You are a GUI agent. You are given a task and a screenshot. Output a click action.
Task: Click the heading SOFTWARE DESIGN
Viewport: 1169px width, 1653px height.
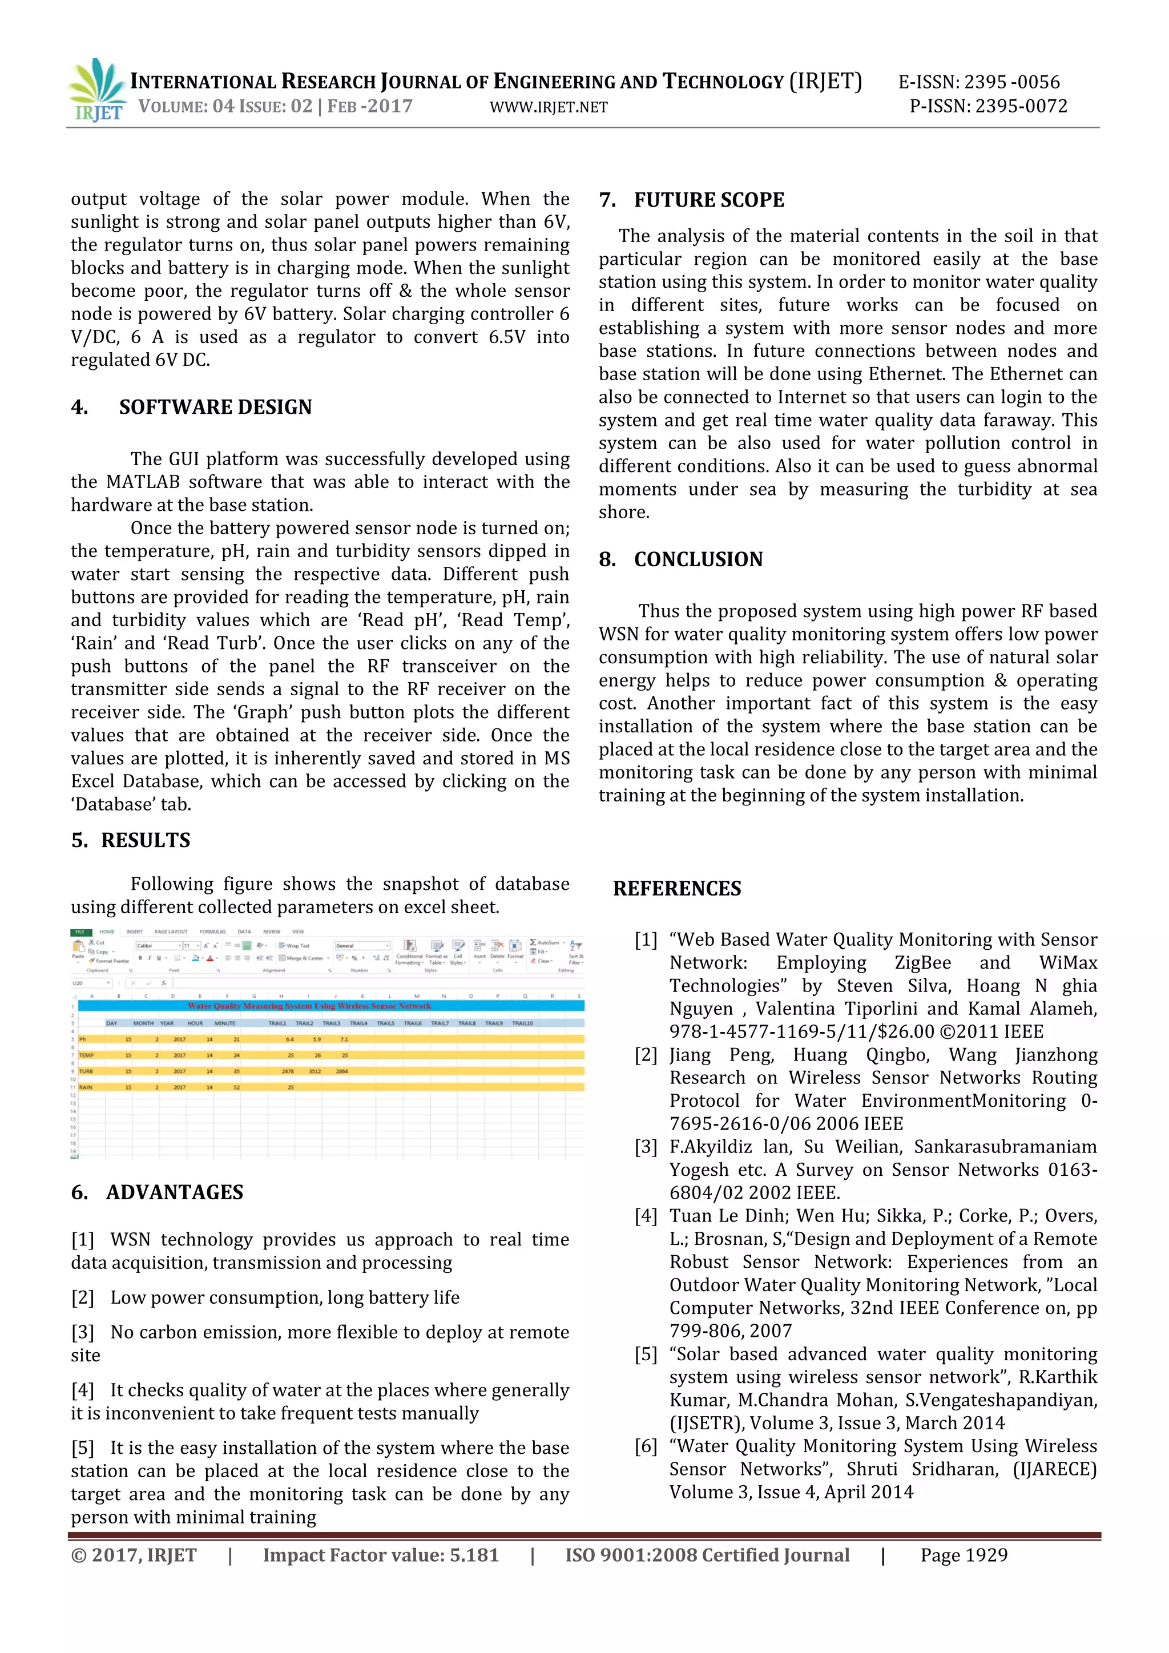pyautogui.click(x=215, y=408)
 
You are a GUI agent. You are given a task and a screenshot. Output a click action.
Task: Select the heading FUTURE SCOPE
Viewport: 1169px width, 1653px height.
pyautogui.click(x=708, y=200)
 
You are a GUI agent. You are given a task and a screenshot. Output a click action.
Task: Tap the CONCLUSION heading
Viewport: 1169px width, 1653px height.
pyautogui.click(x=698, y=559)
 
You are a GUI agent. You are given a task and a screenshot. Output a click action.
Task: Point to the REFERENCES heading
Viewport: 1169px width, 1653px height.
pyautogui.click(x=676, y=888)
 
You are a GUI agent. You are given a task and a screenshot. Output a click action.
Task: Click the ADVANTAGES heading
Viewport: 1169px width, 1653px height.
pyautogui.click(x=174, y=1192)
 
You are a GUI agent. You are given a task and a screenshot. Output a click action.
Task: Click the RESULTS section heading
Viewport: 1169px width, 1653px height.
pyautogui.click(x=146, y=840)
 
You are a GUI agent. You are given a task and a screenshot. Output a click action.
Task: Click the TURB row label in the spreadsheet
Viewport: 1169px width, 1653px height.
pyautogui.click(x=86, y=1071)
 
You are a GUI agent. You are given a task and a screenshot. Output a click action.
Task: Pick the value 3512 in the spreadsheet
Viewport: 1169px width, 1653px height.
pyautogui.click(x=315, y=1071)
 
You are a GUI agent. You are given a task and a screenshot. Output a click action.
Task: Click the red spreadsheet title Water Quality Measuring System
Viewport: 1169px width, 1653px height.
pyautogui.click(x=309, y=1006)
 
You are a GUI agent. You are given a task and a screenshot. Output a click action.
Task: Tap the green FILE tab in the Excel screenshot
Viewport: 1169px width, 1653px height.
pyautogui.click(x=79, y=932)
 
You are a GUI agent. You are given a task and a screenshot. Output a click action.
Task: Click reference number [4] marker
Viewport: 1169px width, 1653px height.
pyautogui.click(x=646, y=1216)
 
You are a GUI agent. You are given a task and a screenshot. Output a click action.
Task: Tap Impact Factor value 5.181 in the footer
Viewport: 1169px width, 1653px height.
pyautogui.click(x=380, y=1555)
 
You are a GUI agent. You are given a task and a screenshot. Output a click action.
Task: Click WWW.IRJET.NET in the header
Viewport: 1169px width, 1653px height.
pyautogui.click(x=549, y=108)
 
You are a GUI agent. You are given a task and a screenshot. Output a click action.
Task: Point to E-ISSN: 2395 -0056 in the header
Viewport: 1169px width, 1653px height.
pyautogui.click(x=978, y=82)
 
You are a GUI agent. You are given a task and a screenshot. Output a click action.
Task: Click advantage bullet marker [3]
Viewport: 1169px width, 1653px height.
pyautogui.click(x=83, y=1333)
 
